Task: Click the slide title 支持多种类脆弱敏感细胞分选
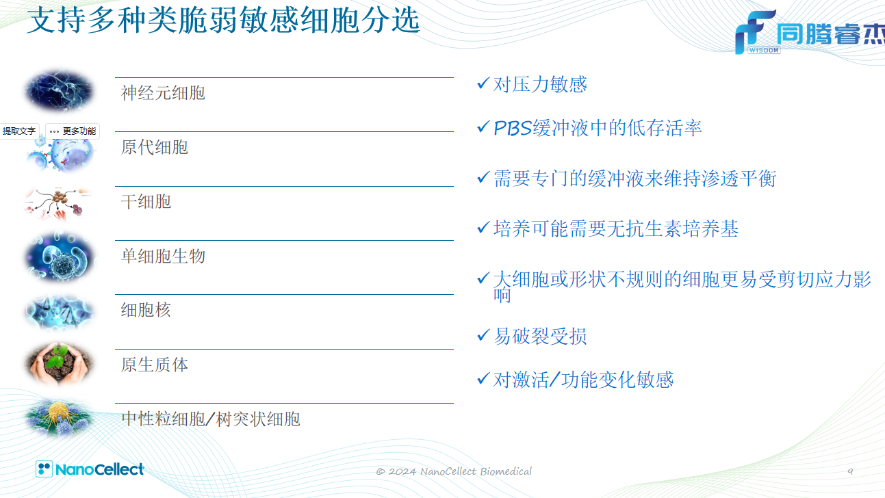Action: [x=224, y=21]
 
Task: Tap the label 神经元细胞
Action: [x=163, y=93]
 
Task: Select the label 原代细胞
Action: [x=155, y=147]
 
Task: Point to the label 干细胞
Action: [x=146, y=202]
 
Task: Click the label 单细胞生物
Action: [x=163, y=257]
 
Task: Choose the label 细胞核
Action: [x=146, y=310]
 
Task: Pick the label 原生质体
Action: [x=155, y=365]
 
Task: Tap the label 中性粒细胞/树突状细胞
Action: [x=211, y=419]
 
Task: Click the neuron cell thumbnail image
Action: [x=60, y=90]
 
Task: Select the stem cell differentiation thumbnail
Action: [x=58, y=204]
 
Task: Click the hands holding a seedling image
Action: [x=60, y=364]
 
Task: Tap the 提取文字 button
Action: [x=19, y=131]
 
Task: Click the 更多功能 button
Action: [x=73, y=131]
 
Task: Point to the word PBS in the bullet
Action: [x=513, y=129]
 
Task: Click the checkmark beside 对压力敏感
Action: [x=484, y=83]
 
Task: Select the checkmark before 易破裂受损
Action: [x=484, y=335]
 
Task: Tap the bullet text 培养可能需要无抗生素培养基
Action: [x=615, y=229]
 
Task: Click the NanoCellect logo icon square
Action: [x=44, y=469]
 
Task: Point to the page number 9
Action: [x=850, y=471]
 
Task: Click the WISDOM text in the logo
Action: [x=764, y=50]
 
